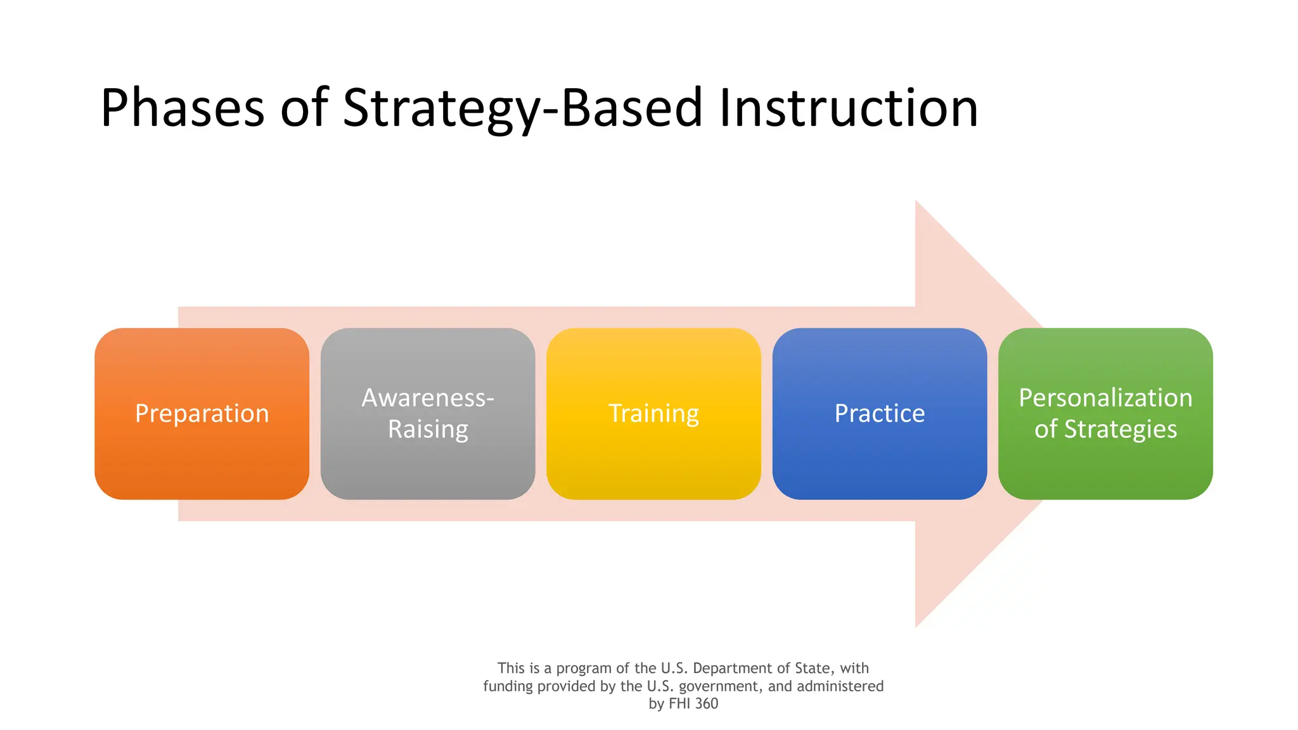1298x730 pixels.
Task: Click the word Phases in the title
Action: pyautogui.click(x=182, y=109)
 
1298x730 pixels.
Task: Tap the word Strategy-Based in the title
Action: pyautogui.click(x=522, y=109)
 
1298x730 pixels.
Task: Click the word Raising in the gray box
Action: pyautogui.click(x=428, y=430)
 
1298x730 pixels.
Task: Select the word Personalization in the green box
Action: pyautogui.click(x=1105, y=398)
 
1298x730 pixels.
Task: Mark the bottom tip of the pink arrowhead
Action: pyautogui.click(x=916, y=625)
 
